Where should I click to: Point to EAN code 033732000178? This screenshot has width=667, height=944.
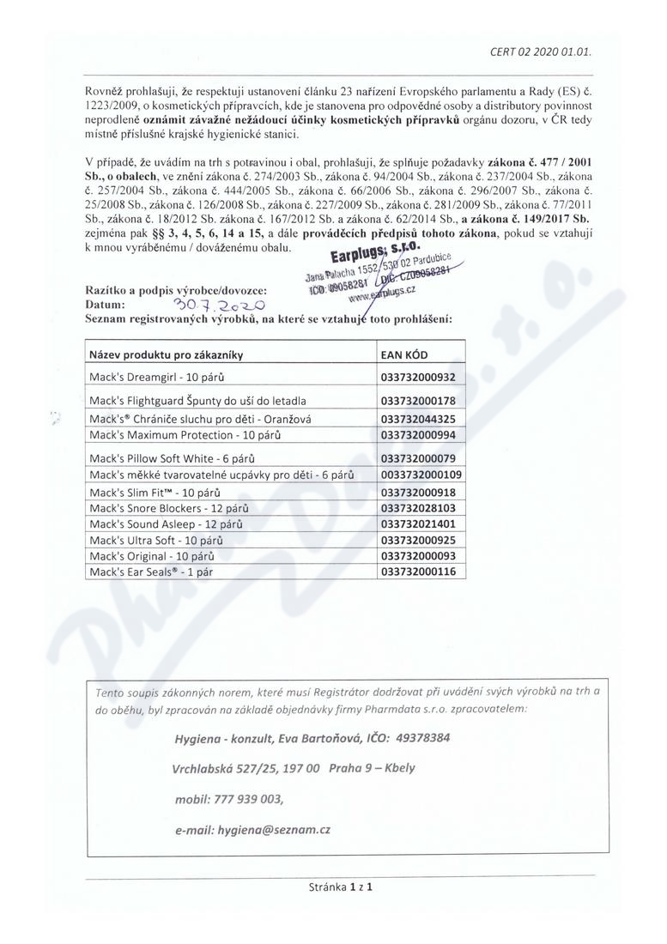[418, 401]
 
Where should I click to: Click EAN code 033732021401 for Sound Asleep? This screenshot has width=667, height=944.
[418, 523]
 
